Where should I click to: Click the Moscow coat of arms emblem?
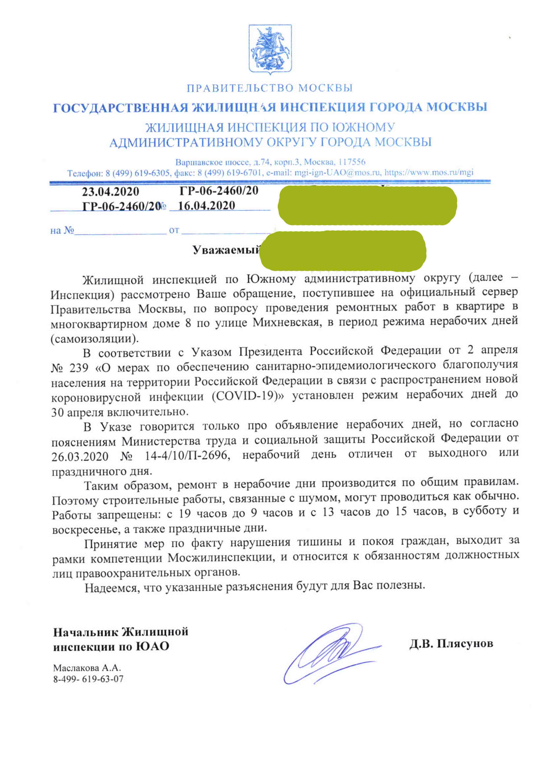(270, 49)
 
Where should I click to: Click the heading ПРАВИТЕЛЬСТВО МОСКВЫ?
(270, 88)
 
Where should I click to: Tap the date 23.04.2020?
(110, 192)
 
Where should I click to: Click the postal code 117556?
(352, 162)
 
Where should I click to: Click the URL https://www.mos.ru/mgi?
(429, 172)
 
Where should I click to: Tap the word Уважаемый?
(226, 250)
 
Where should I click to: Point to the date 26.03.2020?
(80, 457)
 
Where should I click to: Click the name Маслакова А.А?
(87, 668)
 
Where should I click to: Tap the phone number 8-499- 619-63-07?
(88, 679)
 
